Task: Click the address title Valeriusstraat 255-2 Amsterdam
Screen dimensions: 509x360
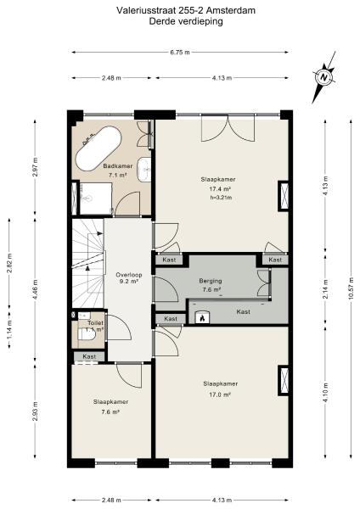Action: tap(180, 11)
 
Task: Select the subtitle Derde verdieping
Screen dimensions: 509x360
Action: tap(180, 22)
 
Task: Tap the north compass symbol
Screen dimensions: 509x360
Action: tap(324, 76)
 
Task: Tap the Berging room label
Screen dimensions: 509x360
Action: tap(211, 280)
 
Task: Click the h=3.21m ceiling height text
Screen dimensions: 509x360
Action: tap(220, 199)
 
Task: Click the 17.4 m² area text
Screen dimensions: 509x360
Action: tap(220, 189)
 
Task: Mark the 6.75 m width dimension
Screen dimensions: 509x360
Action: tap(180, 53)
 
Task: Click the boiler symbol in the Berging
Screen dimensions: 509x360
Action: tap(202, 319)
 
